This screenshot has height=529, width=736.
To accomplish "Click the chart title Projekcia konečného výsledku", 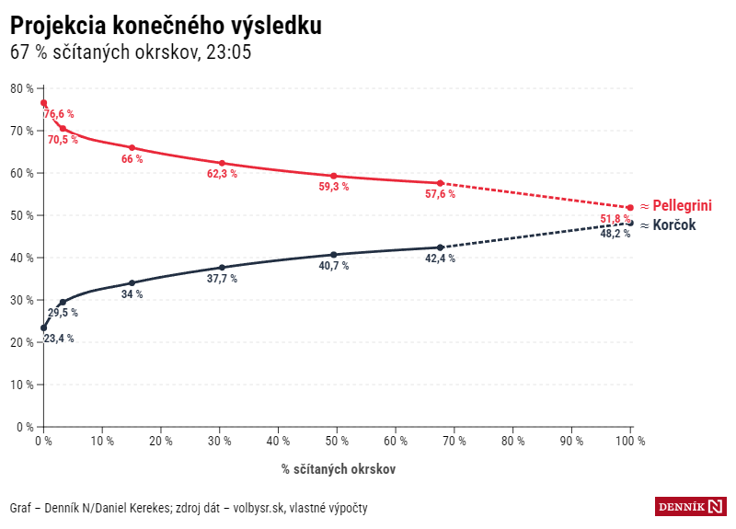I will point(166,25).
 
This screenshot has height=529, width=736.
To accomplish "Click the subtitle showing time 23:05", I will point(131,52).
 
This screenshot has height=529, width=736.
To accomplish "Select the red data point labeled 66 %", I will point(132,147).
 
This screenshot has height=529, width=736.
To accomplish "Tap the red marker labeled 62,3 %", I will point(222,163).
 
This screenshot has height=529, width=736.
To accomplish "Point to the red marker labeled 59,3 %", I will point(334,176).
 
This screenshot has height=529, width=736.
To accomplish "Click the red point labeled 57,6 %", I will point(440,183).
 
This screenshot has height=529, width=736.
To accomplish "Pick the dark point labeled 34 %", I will point(132,283).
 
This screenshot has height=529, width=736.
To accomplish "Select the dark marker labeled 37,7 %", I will point(222,268).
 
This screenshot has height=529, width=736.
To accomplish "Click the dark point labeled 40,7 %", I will point(334,255).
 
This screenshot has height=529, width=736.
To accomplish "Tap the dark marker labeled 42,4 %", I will point(440,247).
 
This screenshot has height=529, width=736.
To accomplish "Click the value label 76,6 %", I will point(59,114).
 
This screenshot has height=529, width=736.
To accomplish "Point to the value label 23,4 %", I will point(59,339).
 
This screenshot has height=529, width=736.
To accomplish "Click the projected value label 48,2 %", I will point(615,234).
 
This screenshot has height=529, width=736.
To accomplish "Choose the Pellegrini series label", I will point(682,205).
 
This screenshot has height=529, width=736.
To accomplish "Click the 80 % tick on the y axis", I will point(22,88).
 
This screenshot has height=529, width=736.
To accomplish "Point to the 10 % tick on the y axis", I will point(22,385).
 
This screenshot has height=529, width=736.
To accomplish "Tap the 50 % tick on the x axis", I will point(337,441).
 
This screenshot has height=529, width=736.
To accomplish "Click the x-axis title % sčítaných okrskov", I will point(339,469).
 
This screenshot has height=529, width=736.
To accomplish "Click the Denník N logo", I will point(691,506).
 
